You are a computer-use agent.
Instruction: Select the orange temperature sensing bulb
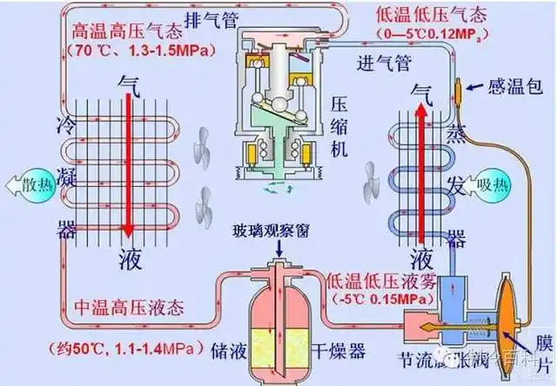click(460, 90)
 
